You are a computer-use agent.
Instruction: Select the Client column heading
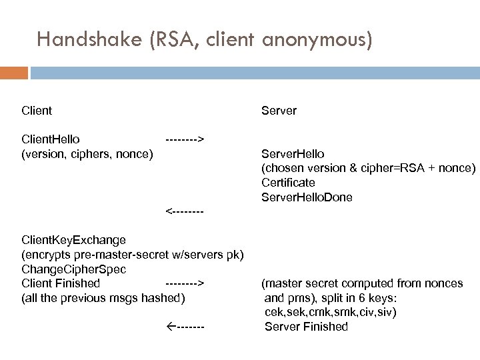point(37,110)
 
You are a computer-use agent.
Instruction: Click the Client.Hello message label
point(51,139)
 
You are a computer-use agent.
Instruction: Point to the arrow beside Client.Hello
point(184,139)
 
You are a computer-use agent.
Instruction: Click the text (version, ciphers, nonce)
point(87,154)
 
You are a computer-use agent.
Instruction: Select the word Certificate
point(288,183)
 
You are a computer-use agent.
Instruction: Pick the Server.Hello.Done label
point(307,197)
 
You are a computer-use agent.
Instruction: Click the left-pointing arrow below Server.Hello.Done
point(184,211)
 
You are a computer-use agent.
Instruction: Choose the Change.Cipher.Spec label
point(73,269)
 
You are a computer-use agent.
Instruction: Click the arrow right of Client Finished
point(184,283)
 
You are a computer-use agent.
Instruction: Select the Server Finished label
point(306,327)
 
